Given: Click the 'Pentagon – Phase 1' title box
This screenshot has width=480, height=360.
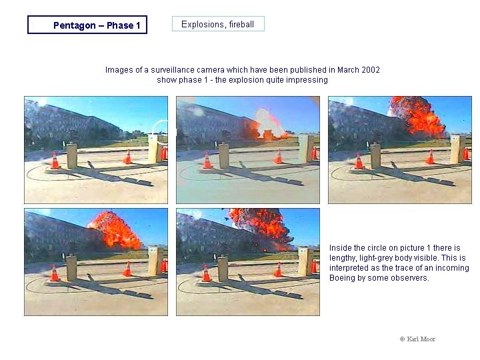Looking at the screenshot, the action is click(87, 25).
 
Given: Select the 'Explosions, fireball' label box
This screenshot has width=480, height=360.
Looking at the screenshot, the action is click(218, 24).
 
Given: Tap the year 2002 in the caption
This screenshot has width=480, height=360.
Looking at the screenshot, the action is click(371, 70).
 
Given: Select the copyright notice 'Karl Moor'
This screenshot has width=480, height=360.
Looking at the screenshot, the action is click(417, 339).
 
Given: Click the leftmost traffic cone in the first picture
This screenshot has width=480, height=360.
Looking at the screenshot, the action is click(55, 161).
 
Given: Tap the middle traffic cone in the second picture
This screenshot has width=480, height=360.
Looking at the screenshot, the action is click(278, 157).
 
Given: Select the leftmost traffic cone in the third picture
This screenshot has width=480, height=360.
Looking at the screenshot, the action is click(359, 161).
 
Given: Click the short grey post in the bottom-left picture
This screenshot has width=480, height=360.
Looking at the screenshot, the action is click(71, 269).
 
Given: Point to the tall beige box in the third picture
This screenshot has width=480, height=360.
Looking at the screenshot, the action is click(457, 149).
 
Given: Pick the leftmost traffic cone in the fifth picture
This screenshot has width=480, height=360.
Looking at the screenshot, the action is click(207, 273).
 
